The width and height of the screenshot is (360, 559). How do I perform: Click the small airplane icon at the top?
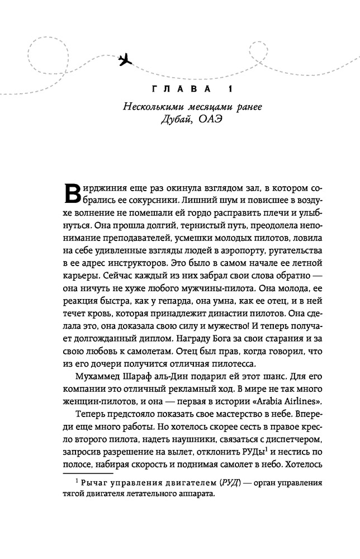pyautogui.click(x=127, y=58)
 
